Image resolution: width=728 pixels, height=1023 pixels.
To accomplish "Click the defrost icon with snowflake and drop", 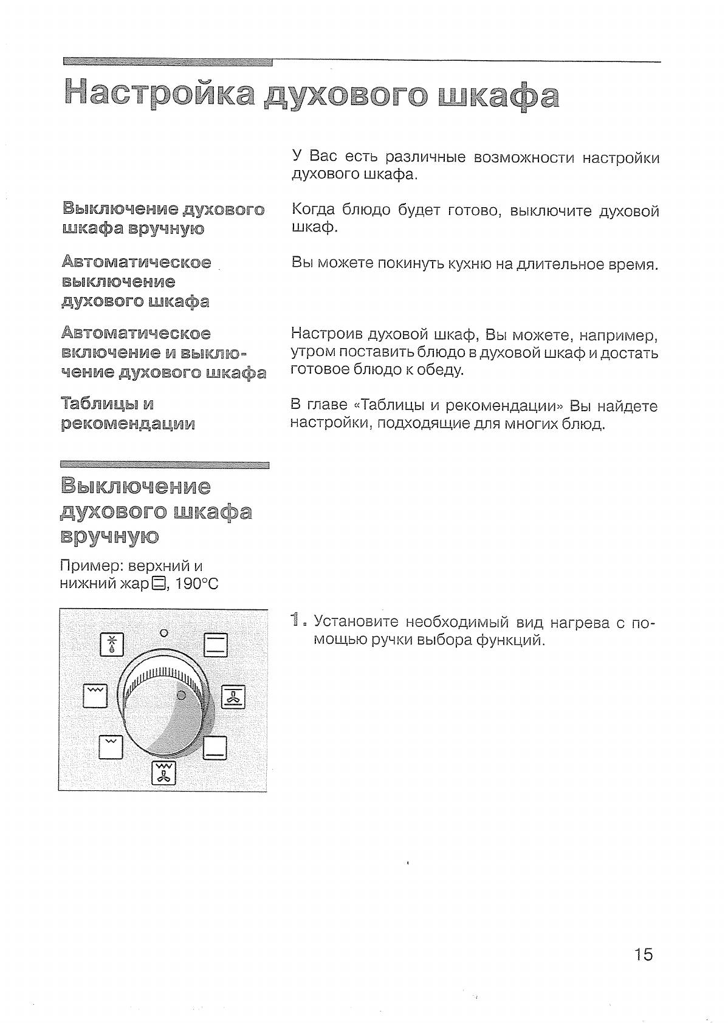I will coord(112,645).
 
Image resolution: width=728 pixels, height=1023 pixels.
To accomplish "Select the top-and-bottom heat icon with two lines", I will coord(215,645).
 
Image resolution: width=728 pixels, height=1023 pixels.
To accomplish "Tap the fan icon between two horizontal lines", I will coord(233,697).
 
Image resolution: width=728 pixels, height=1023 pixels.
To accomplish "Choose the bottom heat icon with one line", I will coord(215,747).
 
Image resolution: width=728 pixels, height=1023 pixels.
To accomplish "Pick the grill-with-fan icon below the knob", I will coord(163,772).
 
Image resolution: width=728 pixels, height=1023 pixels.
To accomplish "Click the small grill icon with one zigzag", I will coord(111,747).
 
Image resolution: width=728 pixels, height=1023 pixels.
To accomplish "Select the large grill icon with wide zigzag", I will coord(95,696).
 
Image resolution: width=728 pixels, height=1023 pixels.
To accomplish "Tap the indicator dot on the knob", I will coord(180,695).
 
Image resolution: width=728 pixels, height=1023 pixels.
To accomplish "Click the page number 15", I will coord(643,954).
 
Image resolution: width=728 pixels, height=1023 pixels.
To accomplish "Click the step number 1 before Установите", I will coord(296,620).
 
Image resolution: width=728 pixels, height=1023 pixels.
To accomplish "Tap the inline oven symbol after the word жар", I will coord(157,584).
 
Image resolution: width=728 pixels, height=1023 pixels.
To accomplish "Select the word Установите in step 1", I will coord(355,621).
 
